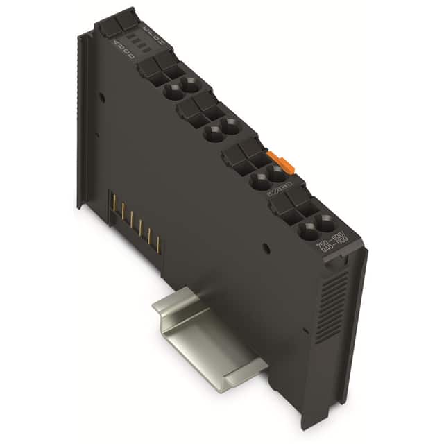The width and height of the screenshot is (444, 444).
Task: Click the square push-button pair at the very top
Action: click(116, 22)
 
